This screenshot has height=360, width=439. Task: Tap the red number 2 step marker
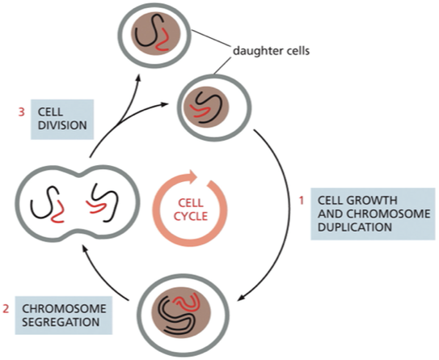coord(6,308)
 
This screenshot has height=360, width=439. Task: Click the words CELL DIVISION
coord(62,120)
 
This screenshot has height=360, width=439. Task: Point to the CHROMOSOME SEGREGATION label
coord(67,316)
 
